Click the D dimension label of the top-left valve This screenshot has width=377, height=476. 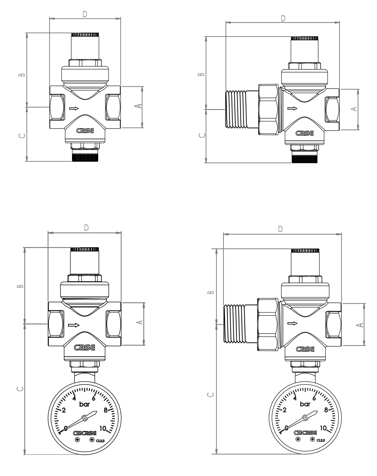pyautogui.click(x=85, y=14)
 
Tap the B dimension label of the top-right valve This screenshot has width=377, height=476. pyautogui.click(x=201, y=74)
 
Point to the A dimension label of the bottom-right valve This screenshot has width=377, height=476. pyautogui.click(x=360, y=325)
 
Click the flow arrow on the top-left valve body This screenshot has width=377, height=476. pyautogui.click(x=74, y=108)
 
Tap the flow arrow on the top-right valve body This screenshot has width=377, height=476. pyautogui.click(x=292, y=108)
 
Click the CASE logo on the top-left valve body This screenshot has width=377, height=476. pyautogui.click(x=85, y=131)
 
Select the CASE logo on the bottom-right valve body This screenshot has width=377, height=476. pyautogui.click(x=305, y=349)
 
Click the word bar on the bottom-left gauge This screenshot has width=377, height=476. pyautogui.click(x=84, y=404)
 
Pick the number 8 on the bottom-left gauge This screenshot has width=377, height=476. pyautogui.click(x=106, y=410)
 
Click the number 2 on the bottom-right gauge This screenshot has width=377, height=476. pyautogui.click(x=285, y=410)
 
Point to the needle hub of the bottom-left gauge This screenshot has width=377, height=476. pyautogui.click(x=84, y=418)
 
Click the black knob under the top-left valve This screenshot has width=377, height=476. pyautogui.click(x=85, y=158)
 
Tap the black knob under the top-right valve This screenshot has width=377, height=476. pyautogui.click(x=304, y=159)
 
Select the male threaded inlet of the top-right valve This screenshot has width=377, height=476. pyautogui.click(x=236, y=109)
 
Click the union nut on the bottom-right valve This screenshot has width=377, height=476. pyautogui.click(x=268, y=324)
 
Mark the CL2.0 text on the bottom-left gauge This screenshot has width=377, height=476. pyautogui.click(x=100, y=441)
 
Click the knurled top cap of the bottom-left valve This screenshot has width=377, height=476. pyautogui.click(x=84, y=249)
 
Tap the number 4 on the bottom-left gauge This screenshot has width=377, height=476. pyautogui.click(x=74, y=398)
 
